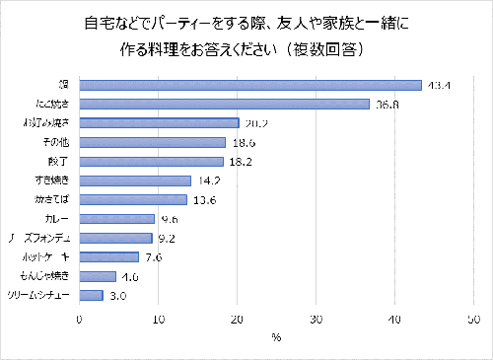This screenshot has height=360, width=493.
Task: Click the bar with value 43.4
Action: point(250,85)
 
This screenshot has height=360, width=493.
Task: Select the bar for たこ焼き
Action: point(224,104)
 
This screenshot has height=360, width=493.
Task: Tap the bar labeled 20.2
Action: point(159,123)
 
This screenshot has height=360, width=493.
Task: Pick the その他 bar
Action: point(152,142)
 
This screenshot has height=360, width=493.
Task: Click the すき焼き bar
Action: point(135,180)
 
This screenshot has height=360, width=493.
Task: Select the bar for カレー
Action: point(116,219)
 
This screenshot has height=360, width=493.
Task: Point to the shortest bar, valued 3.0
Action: point(91,295)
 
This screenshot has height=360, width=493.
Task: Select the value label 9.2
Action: point(168,238)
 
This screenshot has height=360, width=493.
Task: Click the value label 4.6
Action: point(131,276)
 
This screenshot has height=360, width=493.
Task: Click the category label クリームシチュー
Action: point(39,295)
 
